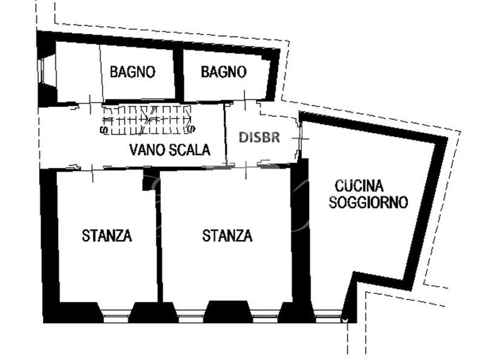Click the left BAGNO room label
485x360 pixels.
(x=132, y=72)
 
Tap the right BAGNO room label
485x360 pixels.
(x=224, y=72)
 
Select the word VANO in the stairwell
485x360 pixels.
(x=145, y=150)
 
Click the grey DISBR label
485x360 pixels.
(x=259, y=138)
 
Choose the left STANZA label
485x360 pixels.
(x=107, y=236)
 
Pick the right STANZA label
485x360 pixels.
(x=227, y=236)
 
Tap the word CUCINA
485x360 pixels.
(x=359, y=186)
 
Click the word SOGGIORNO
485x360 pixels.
(x=368, y=202)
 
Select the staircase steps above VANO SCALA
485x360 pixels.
(x=147, y=120)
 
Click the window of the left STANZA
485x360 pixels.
(x=115, y=316)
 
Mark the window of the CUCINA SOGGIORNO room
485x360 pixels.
(x=328, y=317)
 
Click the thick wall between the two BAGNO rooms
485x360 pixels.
(x=178, y=75)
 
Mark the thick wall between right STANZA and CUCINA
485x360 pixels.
(x=301, y=235)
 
